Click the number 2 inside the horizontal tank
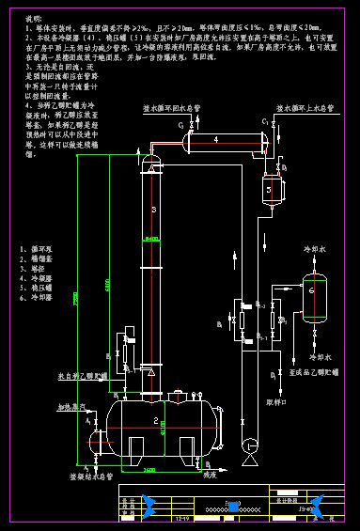154,419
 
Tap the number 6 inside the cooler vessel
311,289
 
